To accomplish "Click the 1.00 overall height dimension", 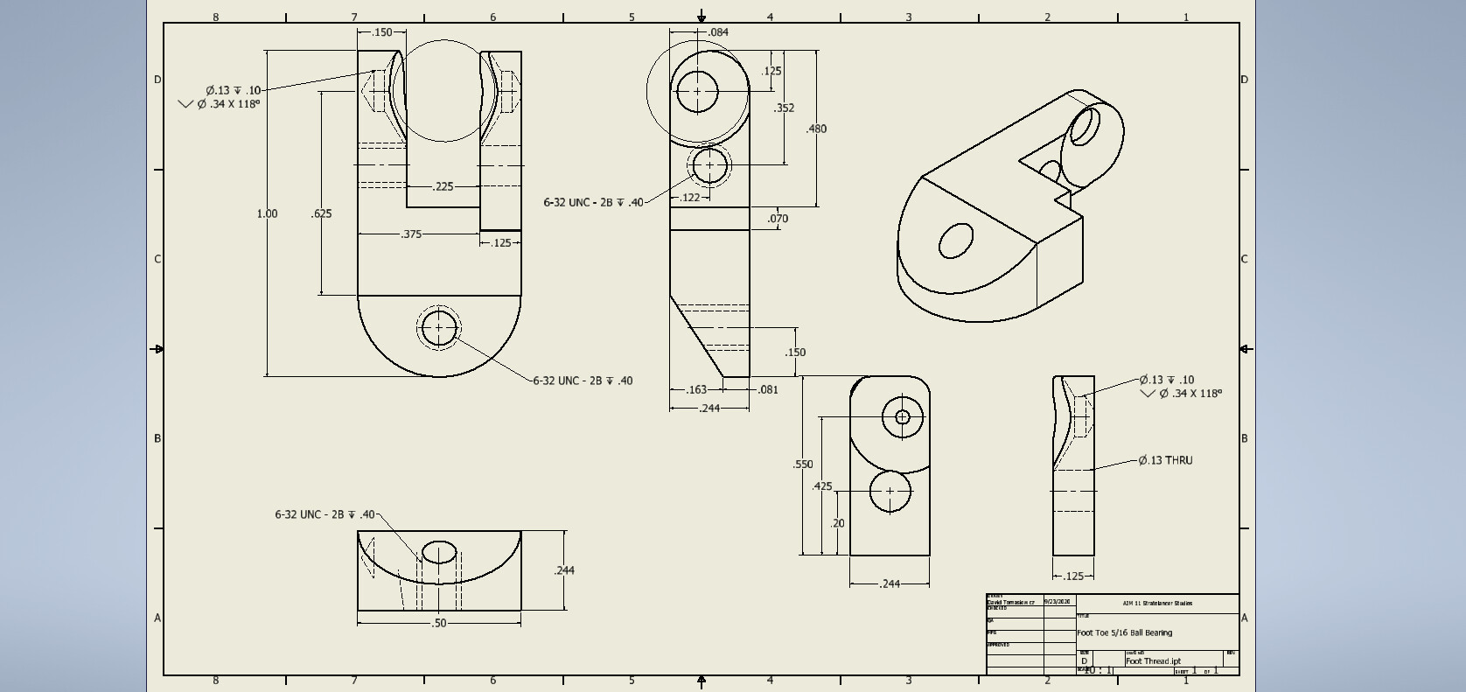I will pos(267,213).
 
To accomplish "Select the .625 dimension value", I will pos(321,213).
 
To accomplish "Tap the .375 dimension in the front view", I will pos(411,234).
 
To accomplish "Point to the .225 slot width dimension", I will pos(443,186).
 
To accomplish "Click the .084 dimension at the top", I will pos(718,32).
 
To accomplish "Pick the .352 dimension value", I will pos(784,108).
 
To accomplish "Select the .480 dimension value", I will pos(816,129).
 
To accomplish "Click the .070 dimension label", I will pos(778,219).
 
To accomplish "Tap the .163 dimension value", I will pos(696,389).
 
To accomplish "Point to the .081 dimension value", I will pos(767,389).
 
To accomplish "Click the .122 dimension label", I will pos(690,198).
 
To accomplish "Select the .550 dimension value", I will pos(803,465).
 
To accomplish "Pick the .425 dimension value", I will pos(822,486).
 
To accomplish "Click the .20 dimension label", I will pos(837,523).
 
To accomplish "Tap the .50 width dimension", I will pos(439,623).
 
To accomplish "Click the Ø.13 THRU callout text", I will pos(1165,460).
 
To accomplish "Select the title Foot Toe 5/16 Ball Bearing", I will pos(1124,633).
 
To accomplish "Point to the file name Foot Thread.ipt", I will pos(1153,661).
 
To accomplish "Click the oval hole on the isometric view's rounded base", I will pos(955,241).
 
